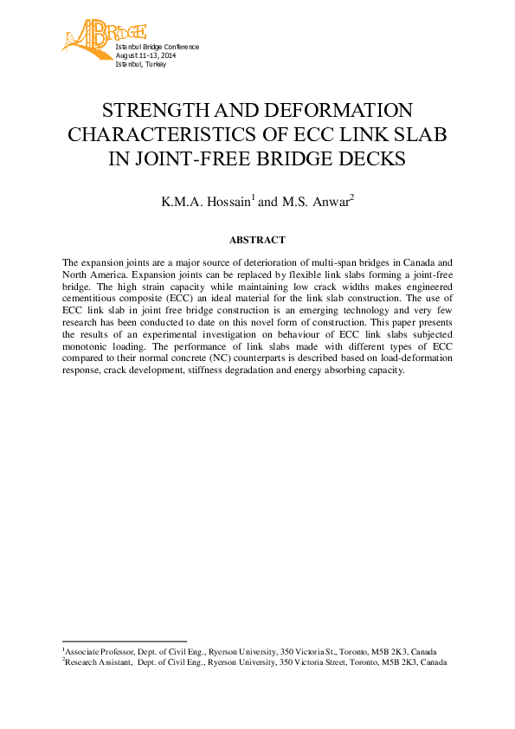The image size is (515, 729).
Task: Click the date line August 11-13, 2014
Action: click(145, 55)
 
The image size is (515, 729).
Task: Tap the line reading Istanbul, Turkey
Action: click(140, 64)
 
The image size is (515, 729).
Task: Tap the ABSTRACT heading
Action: click(257, 240)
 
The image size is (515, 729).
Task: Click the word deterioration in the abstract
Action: click(269, 261)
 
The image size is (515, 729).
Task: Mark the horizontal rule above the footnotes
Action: click(125, 641)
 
